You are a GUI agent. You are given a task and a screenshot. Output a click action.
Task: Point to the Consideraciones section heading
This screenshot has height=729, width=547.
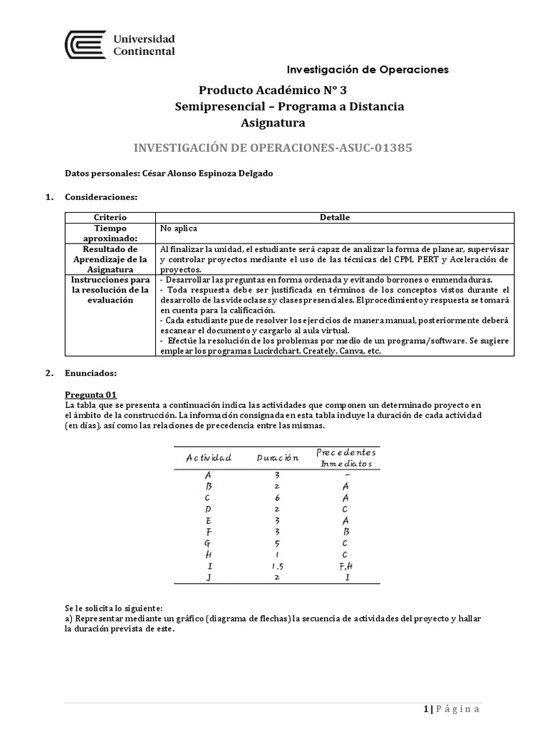[100, 196]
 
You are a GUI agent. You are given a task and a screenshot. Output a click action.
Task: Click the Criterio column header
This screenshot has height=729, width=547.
[110, 217]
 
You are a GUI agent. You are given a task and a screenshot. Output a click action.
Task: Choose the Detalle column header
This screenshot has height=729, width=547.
[335, 217]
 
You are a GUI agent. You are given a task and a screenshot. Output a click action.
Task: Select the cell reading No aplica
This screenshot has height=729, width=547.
[179, 229]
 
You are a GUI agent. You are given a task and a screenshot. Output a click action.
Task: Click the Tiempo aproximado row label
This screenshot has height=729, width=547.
[110, 234]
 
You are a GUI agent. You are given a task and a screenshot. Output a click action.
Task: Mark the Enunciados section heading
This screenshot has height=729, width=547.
[91, 373]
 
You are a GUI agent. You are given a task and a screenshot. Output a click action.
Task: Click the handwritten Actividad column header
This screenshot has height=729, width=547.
[209, 457]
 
